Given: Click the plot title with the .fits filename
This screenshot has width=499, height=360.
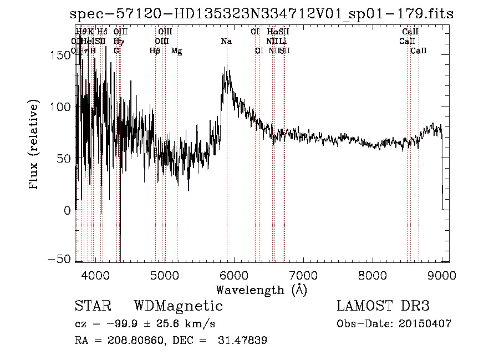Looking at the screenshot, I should [x=262, y=15].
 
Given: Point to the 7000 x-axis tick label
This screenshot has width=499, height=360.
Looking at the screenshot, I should [x=303, y=275].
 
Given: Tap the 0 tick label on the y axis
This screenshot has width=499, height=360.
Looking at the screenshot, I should [x=68, y=210].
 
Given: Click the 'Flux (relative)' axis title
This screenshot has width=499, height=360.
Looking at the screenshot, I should [x=34, y=145].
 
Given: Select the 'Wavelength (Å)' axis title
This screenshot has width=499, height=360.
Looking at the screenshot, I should [x=261, y=290].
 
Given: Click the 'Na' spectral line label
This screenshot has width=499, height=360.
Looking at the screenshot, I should [x=226, y=42].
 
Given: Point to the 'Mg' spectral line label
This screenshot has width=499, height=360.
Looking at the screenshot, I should [x=176, y=51].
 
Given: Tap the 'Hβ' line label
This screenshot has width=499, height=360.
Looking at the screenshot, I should [x=155, y=51].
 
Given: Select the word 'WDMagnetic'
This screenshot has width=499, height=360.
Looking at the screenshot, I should [x=178, y=307].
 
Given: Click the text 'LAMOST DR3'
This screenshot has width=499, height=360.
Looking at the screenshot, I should [x=383, y=307].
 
